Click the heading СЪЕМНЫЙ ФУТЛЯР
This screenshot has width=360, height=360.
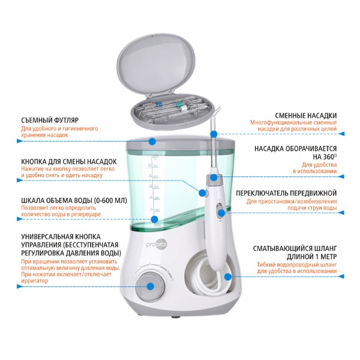[x=50, y=121]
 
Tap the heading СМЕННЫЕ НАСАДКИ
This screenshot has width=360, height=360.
[x=306, y=115]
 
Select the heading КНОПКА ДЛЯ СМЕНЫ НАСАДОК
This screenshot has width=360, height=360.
[x=69, y=161]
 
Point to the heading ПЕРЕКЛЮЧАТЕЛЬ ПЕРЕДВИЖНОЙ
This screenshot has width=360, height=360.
[x=286, y=193]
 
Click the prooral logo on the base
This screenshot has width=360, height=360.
[x=157, y=244]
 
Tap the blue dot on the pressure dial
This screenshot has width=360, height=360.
[x=151, y=286]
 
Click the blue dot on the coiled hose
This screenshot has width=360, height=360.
[x=228, y=277]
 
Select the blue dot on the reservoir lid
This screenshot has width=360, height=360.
[x=152, y=141]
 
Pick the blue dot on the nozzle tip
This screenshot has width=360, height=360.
[x=214, y=134]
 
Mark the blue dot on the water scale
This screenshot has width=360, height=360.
[x=155, y=219]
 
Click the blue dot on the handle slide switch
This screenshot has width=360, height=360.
[x=221, y=213]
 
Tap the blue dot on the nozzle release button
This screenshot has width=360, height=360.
[x=202, y=193]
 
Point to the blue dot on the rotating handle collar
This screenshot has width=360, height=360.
[x=214, y=177]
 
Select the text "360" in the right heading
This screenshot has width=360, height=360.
[x=329, y=157]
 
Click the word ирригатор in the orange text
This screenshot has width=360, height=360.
[x=35, y=281]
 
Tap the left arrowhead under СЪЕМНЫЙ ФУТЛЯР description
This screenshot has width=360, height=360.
[x=20, y=141]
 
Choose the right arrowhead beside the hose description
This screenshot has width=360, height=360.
[x=341, y=277]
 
